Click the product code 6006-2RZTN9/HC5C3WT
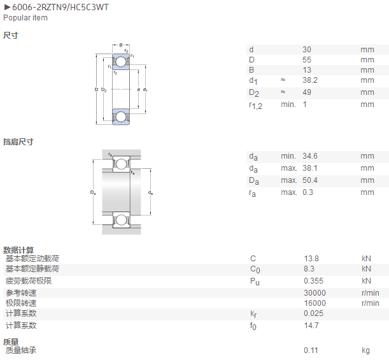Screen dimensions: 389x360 pyautogui.click(x=60, y=7)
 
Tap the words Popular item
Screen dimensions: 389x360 pyautogui.click(x=25, y=18)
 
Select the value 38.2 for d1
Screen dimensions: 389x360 pyautogui.click(x=310, y=80)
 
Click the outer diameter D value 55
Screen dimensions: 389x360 pyautogui.click(x=307, y=60)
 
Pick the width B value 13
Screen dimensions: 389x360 pyautogui.click(x=307, y=70)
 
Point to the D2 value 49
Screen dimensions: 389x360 pyautogui.click(x=307, y=92)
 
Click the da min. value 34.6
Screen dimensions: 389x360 pyautogui.click(x=310, y=156)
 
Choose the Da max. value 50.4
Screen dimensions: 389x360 pyautogui.click(x=310, y=180)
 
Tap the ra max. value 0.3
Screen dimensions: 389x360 pyautogui.click(x=308, y=192)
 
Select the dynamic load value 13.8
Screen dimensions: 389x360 pyautogui.click(x=311, y=259)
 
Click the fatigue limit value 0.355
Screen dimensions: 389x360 pyautogui.click(x=314, y=281)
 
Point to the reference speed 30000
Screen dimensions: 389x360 pyautogui.click(x=315, y=293)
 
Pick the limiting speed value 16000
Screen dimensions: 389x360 pyautogui.click(x=315, y=303)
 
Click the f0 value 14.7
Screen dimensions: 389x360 pyautogui.click(x=311, y=326)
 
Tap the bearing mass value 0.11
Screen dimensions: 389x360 pyautogui.click(x=311, y=350)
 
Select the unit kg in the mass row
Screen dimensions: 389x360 pyautogui.click(x=365, y=350)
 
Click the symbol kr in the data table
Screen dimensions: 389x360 pyautogui.click(x=253, y=314)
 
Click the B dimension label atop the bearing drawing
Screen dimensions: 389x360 pyautogui.click(x=121, y=45)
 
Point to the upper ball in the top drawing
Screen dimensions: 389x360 pyautogui.click(x=121, y=62)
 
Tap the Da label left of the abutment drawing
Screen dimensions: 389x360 pyautogui.click(x=93, y=192)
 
